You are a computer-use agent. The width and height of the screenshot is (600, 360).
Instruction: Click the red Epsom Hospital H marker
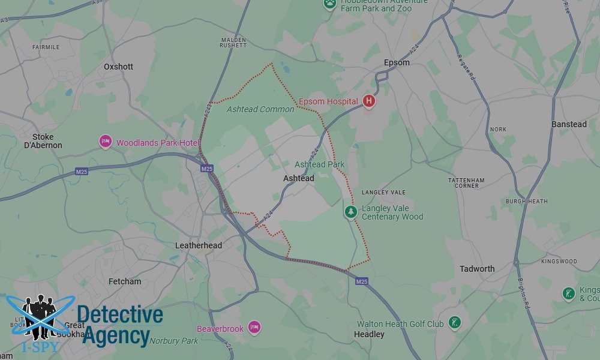pyautogui.click(x=369, y=101)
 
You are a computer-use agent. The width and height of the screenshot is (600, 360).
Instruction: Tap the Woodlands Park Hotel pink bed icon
pyautogui.click(x=106, y=142)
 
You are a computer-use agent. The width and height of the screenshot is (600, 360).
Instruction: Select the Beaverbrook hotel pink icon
pyautogui.click(x=254, y=328)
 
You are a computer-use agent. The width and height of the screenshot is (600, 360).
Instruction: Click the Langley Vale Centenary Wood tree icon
pyautogui.click(x=351, y=212)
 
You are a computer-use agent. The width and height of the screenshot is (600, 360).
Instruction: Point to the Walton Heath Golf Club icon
pyautogui.click(x=455, y=323)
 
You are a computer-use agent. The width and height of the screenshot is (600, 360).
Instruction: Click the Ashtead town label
pyautogui.click(x=298, y=178)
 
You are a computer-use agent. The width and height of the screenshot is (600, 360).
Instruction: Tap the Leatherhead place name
pyautogui.click(x=199, y=245)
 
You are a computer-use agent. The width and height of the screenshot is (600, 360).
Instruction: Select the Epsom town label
pyautogui.click(x=397, y=62)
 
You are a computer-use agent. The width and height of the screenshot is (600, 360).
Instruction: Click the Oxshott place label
pyautogui.click(x=118, y=67)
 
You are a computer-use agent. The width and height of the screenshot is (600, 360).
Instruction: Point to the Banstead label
pyautogui.click(x=569, y=124)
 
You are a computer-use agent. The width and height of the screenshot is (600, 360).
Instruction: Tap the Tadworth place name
pyautogui.click(x=477, y=269)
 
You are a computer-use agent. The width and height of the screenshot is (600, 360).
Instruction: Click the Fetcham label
pyautogui.click(x=125, y=281)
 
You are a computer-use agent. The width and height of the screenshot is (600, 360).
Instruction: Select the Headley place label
pyautogui.click(x=369, y=334)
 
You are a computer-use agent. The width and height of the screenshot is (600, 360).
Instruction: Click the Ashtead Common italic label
pyautogui.click(x=260, y=109)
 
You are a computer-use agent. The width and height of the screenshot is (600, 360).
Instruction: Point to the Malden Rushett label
pyautogui.click(x=233, y=43)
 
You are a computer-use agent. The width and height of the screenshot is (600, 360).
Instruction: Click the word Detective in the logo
pyautogui.click(x=120, y=315)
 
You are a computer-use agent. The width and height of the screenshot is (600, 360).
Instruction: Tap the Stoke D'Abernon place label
pyautogui.click(x=43, y=141)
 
